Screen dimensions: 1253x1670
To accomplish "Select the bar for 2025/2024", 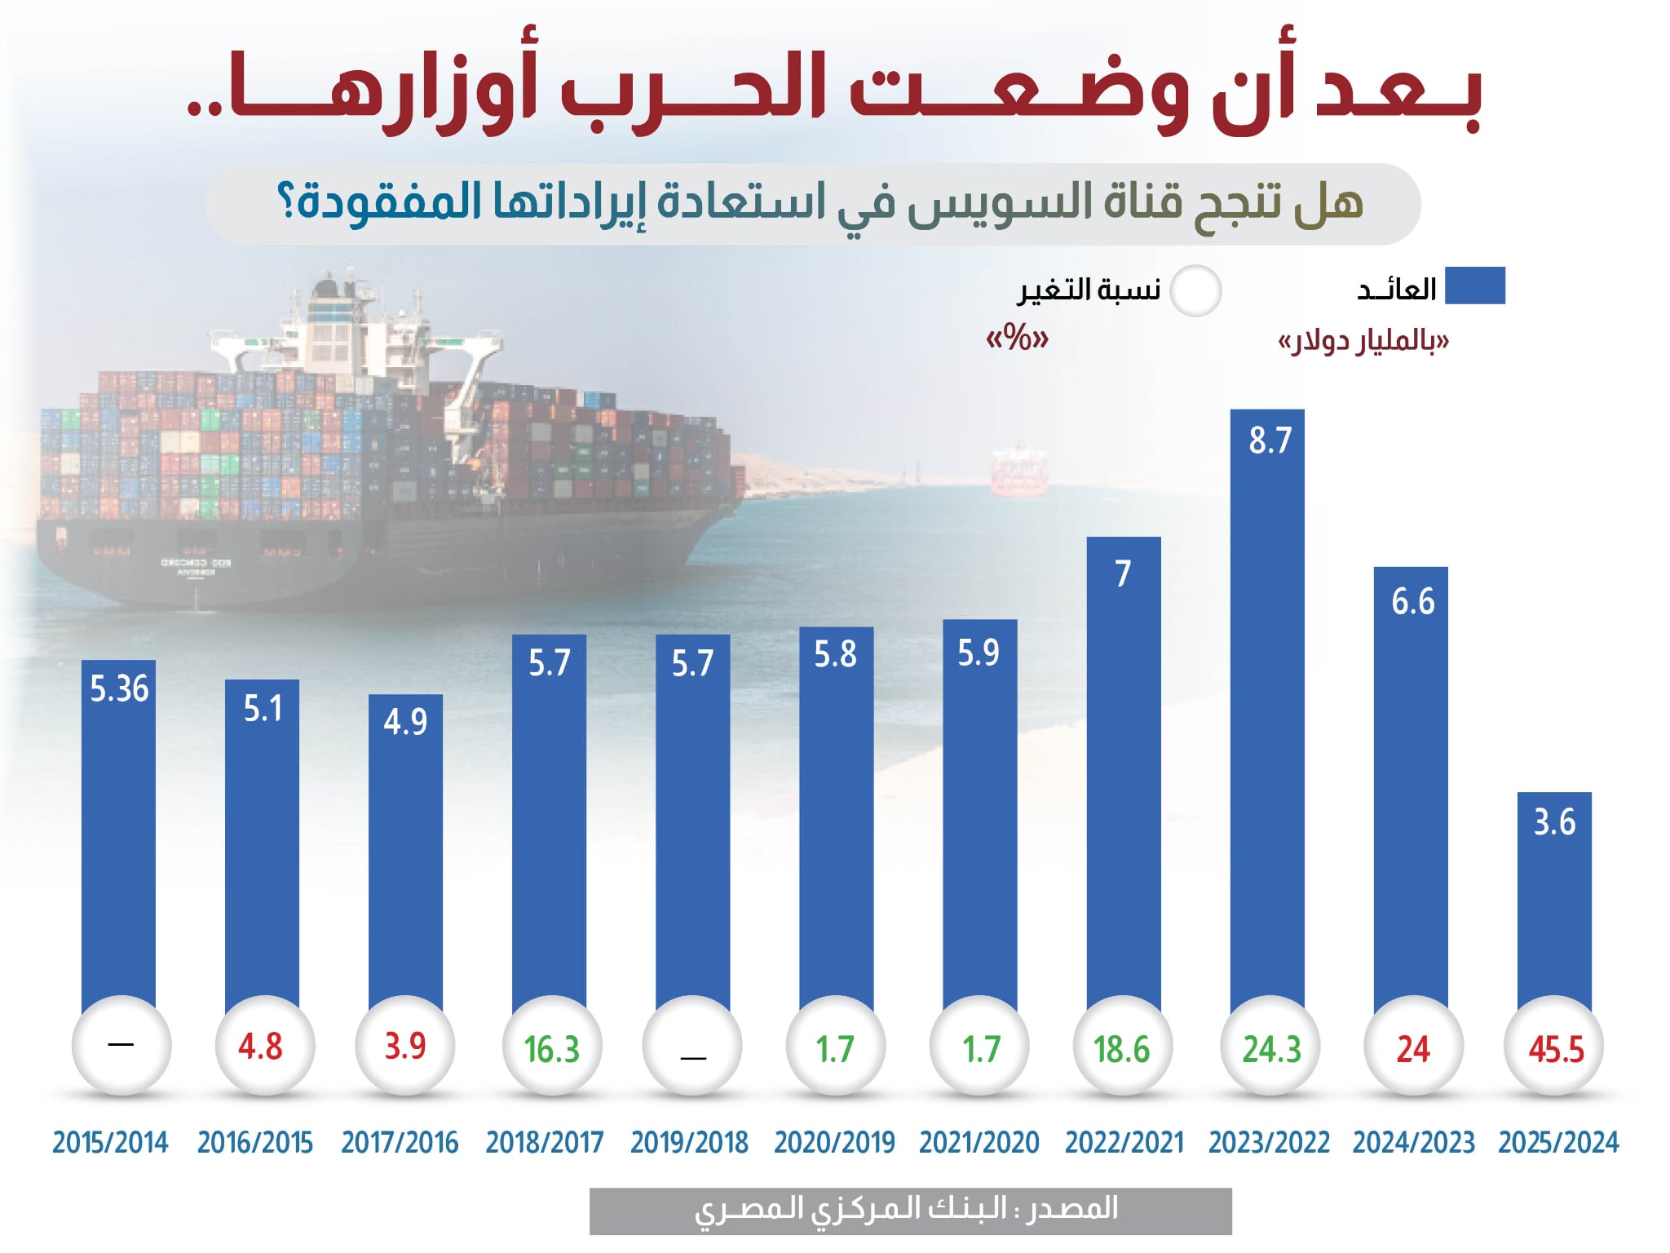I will click(x=1553, y=897).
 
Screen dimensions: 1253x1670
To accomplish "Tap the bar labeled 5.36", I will click(x=118, y=832).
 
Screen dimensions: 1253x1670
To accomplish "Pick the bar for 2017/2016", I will click(x=405, y=848).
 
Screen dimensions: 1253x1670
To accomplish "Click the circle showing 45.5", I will click(x=1555, y=1047).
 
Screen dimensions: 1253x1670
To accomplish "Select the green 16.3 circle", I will click(x=552, y=1047).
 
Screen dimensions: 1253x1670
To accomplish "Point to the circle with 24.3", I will click(x=1270, y=1047).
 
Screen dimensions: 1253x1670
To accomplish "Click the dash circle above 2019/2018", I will click(x=692, y=1047).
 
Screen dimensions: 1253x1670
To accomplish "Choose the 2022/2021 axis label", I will click(x=1124, y=1142).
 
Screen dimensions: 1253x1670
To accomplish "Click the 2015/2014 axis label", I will click(x=111, y=1142).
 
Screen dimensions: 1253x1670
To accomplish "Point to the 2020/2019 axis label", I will click(x=834, y=1142).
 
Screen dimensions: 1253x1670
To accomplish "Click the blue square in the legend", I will click(x=1474, y=286).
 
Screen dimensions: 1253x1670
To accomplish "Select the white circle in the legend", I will click(x=1195, y=290).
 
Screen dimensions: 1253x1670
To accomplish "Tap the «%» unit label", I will click(x=1017, y=338).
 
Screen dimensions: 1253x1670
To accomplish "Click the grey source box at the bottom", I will click(x=910, y=1211).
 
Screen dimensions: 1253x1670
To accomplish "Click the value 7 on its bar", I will click(x=1123, y=573).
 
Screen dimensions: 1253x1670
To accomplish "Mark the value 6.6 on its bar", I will click(x=1412, y=602).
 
